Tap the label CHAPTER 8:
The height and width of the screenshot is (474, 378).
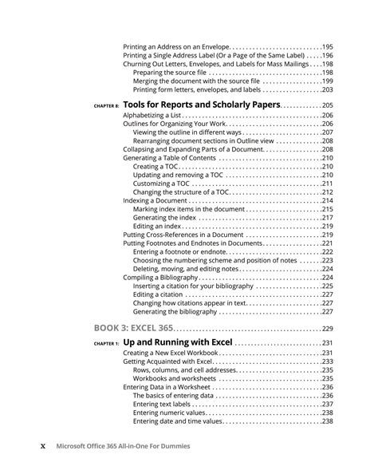(106, 106)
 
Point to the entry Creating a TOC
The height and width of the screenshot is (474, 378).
(157, 166)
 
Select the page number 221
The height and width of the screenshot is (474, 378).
(326, 243)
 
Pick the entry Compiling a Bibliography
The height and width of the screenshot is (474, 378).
(160, 278)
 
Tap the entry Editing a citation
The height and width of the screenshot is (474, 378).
(158, 294)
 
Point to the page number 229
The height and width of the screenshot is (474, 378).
(326, 329)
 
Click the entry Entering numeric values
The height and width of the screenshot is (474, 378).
(171, 413)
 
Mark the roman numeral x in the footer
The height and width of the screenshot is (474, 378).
(44, 446)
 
